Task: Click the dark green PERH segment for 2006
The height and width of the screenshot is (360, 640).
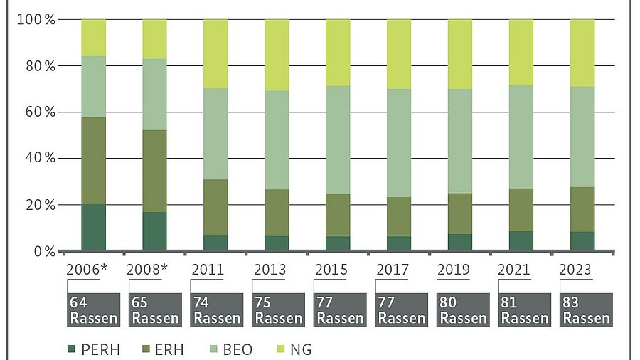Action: pos(93,228)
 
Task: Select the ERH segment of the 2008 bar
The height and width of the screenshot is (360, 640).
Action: pos(154,171)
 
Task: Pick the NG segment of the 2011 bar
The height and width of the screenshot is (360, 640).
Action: pos(215,54)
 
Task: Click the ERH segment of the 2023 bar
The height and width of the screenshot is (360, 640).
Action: pos(582,209)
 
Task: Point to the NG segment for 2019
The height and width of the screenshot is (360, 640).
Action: pos(460,54)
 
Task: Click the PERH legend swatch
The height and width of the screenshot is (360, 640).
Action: pos(70,349)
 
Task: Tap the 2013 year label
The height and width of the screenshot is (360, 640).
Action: pos(270,270)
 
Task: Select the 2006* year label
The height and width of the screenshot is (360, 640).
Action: pos(88,270)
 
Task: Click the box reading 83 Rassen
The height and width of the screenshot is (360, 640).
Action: pos(587,309)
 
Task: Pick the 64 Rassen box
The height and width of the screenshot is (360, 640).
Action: pos(93,309)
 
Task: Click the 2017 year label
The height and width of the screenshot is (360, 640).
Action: pos(392,270)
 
